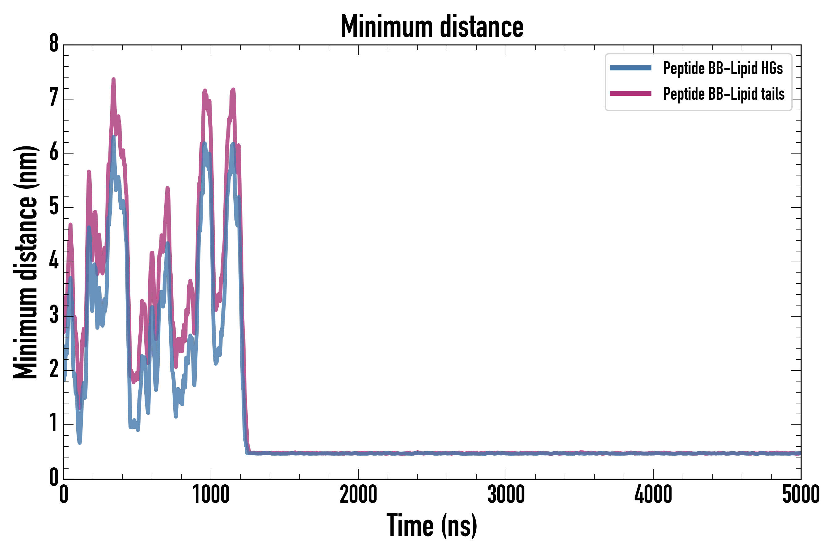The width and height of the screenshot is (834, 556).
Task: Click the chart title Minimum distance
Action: tap(432, 27)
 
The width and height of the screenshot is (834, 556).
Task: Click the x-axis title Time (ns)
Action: tap(432, 525)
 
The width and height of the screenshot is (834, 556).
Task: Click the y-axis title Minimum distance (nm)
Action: tap(26, 262)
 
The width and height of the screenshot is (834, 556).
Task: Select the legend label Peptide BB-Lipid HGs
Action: tap(723, 68)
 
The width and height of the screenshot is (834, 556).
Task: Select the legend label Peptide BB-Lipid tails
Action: tap(724, 94)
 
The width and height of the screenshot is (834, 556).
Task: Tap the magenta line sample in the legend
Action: tap(630, 94)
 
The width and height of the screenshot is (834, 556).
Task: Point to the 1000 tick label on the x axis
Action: tap(211, 495)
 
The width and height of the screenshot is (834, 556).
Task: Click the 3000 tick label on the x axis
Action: tap(506, 495)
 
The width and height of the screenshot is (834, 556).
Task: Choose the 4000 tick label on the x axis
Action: tap(653, 495)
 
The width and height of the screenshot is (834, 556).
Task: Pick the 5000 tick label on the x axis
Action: tap(801, 495)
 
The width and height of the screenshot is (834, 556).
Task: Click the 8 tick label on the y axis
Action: tap(54, 44)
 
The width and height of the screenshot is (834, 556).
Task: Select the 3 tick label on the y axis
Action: tap(54, 314)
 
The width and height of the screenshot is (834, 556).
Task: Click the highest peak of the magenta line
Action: tap(113, 79)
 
